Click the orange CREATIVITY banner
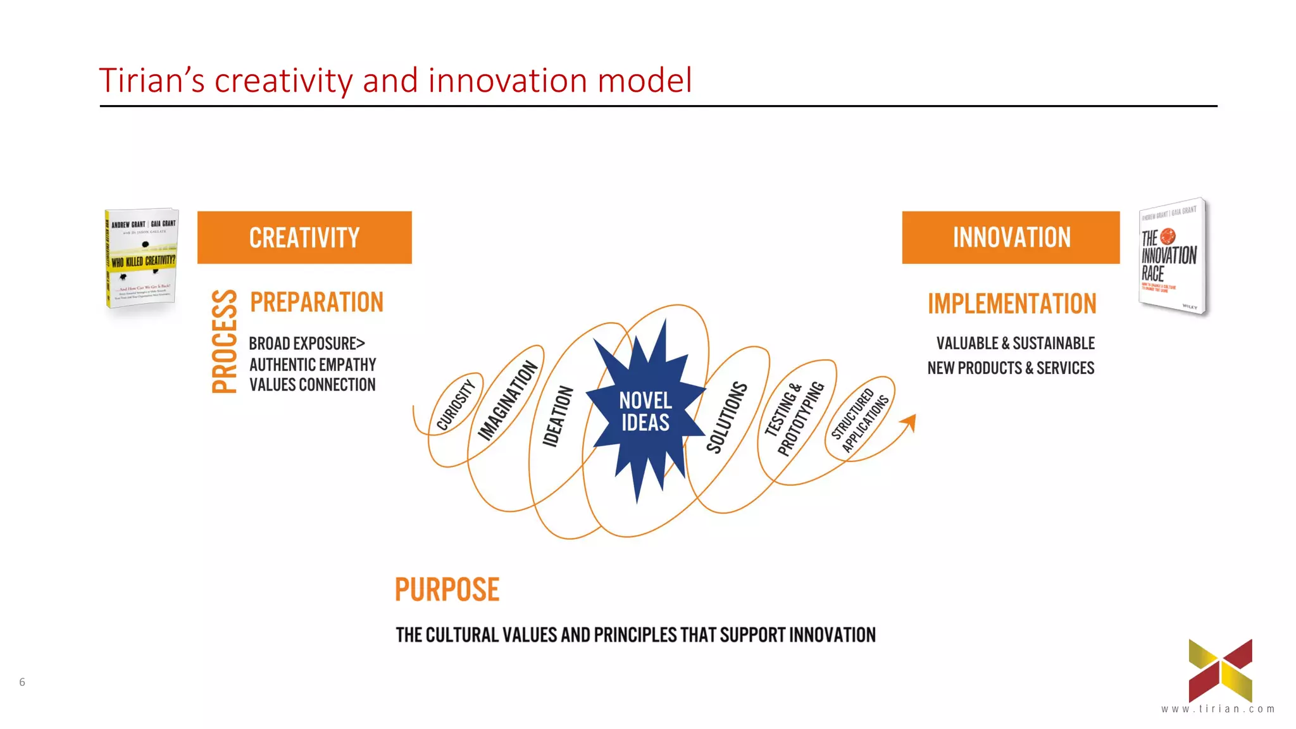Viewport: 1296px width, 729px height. [304, 237]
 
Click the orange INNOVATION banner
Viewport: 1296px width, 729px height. [1011, 237]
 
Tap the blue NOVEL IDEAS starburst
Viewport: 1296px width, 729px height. [645, 411]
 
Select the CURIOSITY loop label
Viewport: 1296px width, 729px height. [456, 405]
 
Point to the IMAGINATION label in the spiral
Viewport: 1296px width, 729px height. [508, 401]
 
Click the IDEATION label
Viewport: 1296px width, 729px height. [558, 416]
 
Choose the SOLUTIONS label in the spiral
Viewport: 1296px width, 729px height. [726, 417]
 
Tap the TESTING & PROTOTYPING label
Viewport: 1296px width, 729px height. [794, 418]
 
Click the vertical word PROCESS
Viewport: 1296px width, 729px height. [224, 342]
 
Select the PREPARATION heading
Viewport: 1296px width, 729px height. [316, 302]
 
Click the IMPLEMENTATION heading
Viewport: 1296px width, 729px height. [1011, 304]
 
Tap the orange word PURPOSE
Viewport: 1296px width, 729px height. [447, 590]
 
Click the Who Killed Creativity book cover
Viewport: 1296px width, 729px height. [142, 258]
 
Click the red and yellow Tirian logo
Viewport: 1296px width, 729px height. [1220, 670]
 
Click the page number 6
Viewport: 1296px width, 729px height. [22, 682]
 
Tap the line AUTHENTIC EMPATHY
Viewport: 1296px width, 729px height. [313, 365]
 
